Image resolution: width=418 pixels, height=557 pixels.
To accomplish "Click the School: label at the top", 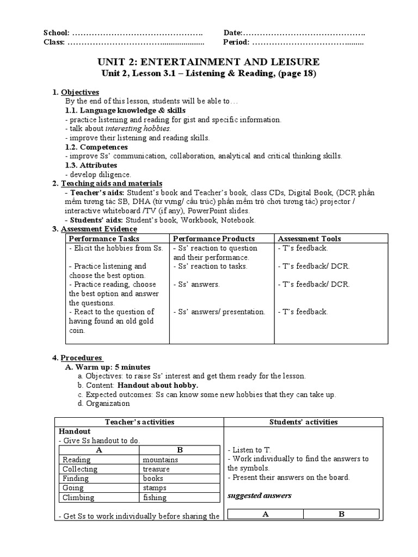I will coord(56,33).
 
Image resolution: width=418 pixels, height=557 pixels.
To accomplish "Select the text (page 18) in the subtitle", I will coord(297,73).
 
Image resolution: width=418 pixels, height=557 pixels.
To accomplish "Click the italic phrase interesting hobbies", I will coord(138,129).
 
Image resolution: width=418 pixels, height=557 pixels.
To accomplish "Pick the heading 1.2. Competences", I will coord(96,147).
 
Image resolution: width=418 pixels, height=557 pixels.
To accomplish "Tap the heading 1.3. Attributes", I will coord(91,165).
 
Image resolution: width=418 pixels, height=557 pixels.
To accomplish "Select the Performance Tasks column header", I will coord(104,239).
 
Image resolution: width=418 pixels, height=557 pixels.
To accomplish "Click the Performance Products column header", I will coord(214,239).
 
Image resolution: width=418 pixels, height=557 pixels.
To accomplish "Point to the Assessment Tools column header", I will coord(309,239).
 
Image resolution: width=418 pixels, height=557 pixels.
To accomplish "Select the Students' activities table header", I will coord(303,422).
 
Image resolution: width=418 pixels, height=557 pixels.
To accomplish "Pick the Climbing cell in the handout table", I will coord(78,497).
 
